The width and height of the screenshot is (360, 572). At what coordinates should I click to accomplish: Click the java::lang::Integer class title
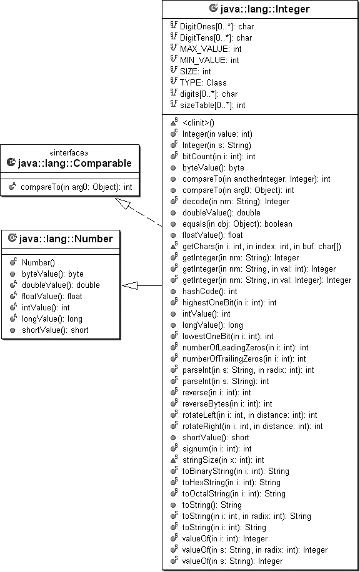coord(265,9)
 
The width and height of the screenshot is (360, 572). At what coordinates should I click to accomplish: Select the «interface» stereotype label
coord(69,152)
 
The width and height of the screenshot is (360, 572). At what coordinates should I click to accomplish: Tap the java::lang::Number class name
coord(66,239)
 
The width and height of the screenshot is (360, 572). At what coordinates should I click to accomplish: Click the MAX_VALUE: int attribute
coord(211,49)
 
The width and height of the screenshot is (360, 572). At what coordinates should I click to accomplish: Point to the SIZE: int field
coord(196,71)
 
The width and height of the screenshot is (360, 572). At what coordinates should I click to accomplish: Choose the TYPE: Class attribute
coord(203,83)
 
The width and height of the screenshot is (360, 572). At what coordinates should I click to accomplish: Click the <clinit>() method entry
coord(198,123)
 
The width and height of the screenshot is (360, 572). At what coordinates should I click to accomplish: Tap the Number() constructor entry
coord(38,263)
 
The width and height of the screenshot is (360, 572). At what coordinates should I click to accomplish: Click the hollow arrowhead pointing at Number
coord(129,285)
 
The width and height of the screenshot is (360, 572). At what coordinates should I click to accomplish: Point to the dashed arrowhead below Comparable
coord(122,203)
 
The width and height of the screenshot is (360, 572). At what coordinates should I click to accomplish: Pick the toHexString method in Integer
coord(231,483)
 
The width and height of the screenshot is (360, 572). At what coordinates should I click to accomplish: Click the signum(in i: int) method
coord(217,449)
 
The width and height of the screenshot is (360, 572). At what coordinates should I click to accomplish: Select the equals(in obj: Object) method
coord(237,224)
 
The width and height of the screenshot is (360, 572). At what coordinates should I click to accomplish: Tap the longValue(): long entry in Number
coord(52,319)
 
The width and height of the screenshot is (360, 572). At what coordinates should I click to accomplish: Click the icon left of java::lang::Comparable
coord(11,162)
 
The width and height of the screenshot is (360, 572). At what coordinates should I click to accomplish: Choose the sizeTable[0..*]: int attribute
coord(212,106)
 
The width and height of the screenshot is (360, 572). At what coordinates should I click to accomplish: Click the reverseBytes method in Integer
coord(227,404)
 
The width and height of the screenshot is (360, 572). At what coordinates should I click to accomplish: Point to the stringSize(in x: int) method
coord(223,460)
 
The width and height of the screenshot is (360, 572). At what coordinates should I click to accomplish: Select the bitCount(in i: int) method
coord(219,157)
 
